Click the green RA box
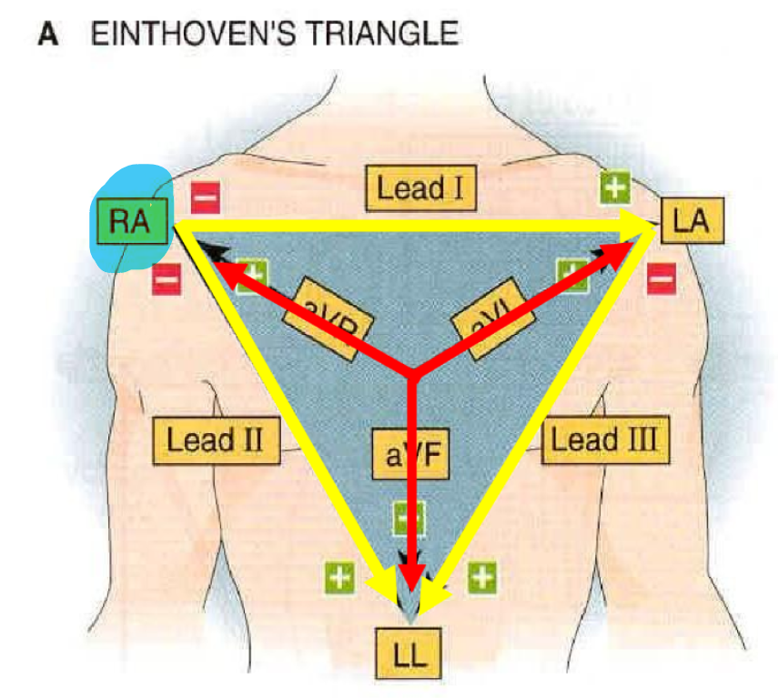[x=130, y=220]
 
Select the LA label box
[x=692, y=220]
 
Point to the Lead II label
[x=215, y=440]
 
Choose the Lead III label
[x=605, y=440]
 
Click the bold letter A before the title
[x=47, y=35]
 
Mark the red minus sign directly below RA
[x=167, y=278]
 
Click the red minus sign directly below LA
[x=661, y=278]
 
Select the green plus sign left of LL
[x=339, y=576]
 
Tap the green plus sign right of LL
[x=481, y=576]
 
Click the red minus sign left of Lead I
[x=205, y=196]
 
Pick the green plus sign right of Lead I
[x=615, y=188]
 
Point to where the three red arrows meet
[x=413, y=371]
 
